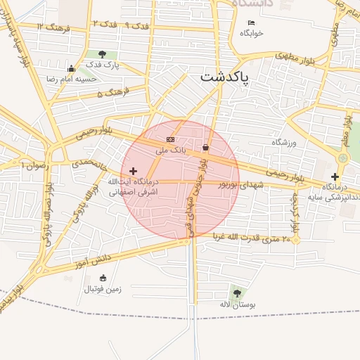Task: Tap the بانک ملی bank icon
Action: point(171,140)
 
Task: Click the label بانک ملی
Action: point(171,150)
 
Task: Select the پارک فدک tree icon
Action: point(103,54)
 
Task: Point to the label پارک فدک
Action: point(103,65)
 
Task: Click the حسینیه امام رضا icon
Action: point(71,69)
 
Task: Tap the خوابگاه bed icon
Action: point(252,22)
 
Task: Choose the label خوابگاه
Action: point(252,33)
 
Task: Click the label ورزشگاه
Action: point(285,142)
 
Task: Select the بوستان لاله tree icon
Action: point(236,292)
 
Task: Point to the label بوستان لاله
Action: point(236,304)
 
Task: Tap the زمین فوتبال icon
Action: point(103,277)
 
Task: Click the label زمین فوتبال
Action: point(103,288)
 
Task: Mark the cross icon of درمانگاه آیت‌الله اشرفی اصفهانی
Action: point(133,171)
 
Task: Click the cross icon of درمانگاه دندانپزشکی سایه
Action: point(335,176)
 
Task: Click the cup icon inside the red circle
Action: point(205,148)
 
